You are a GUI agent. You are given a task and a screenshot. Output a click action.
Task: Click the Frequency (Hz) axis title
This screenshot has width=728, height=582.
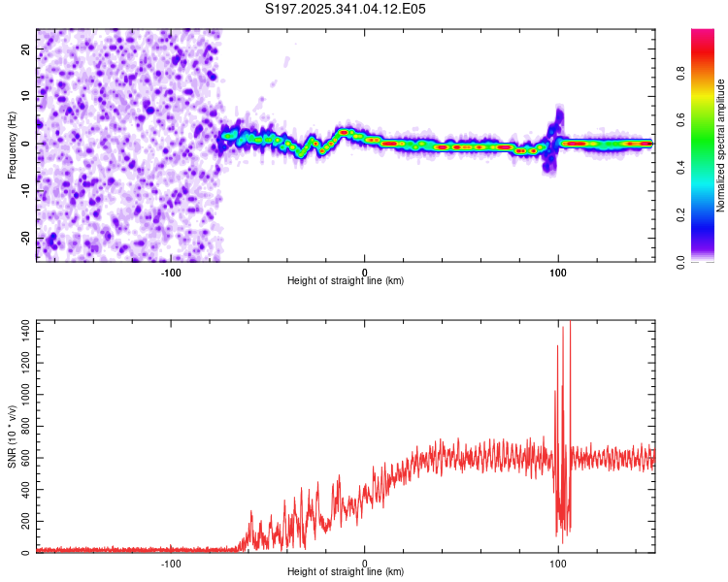point(12,145)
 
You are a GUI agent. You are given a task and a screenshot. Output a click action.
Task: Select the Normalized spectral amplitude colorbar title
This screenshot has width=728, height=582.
point(720,145)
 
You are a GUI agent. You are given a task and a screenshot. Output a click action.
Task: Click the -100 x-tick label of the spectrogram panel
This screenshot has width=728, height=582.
point(171,272)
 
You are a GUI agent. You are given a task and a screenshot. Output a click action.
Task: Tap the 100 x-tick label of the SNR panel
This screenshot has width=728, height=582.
point(558,564)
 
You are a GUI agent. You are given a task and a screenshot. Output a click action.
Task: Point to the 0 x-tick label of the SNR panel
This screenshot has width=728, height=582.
point(365,564)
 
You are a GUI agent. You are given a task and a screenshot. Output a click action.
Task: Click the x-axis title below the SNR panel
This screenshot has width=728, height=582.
point(346,572)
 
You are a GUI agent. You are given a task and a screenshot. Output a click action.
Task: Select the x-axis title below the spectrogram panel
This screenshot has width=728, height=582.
point(346,281)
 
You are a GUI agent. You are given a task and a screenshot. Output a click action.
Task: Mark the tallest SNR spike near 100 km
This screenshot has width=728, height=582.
point(570,326)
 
